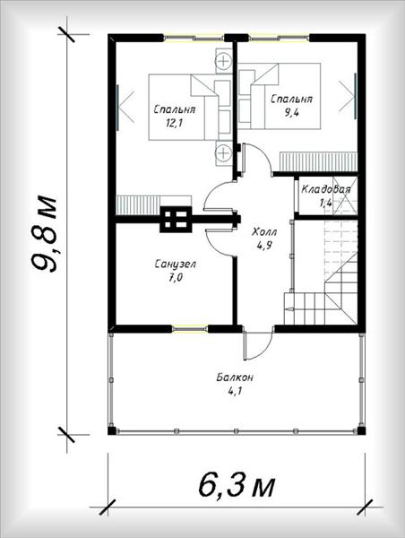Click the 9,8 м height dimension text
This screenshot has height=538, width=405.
click(x=44, y=234)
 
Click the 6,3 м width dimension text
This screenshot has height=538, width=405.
click(x=237, y=486)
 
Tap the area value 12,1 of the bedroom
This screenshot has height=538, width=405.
click(x=174, y=123)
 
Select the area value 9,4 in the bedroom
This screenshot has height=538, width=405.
click(x=291, y=112)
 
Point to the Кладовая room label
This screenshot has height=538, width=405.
click(x=326, y=189)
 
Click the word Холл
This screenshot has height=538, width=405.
click(x=264, y=232)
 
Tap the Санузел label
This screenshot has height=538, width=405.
click(x=176, y=265)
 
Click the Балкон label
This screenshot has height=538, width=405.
click(x=235, y=377)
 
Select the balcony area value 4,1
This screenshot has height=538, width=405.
click(x=236, y=391)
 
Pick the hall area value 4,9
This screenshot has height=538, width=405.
click(x=264, y=245)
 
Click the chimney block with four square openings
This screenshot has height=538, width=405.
click(x=176, y=220)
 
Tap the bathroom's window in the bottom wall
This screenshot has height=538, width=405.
click(x=190, y=329)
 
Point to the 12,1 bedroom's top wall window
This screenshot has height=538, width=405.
click(x=194, y=37)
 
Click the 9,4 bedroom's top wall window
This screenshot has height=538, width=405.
click(x=279, y=37)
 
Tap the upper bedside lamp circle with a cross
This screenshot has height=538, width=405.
click(x=224, y=61)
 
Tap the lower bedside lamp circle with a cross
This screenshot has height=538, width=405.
click(x=224, y=152)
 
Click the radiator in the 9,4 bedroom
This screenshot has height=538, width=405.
click(x=319, y=161)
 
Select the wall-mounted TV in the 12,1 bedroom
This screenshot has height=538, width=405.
click(x=117, y=108)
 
